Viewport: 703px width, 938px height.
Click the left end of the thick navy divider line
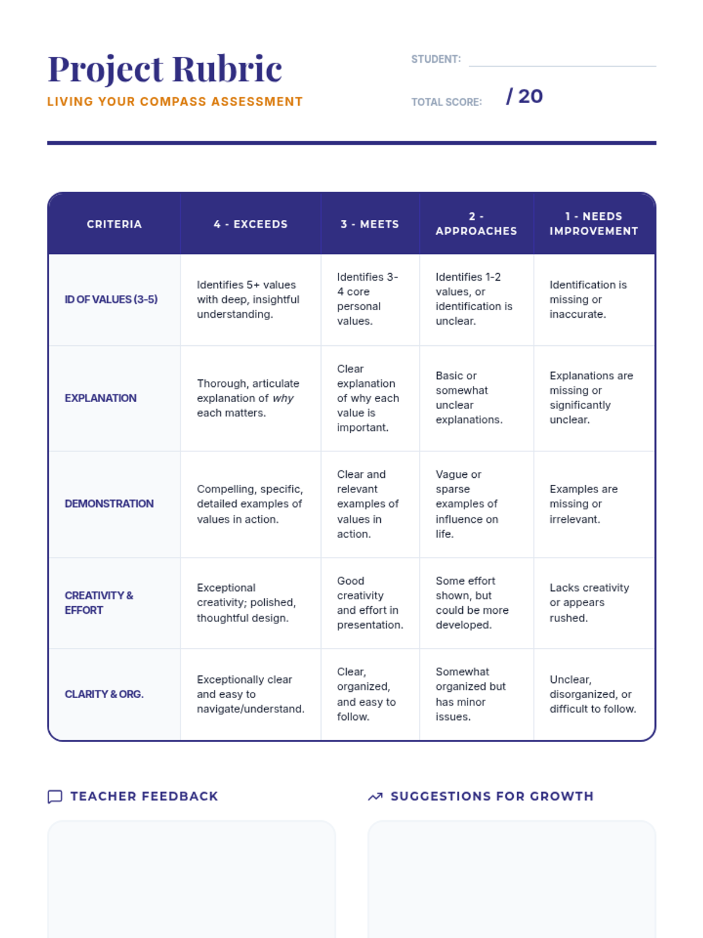tap(47, 143)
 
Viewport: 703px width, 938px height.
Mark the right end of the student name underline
tap(656, 66)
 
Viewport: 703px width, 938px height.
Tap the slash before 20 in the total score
tap(509, 97)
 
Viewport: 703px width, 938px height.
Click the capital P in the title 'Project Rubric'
tap(60, 69)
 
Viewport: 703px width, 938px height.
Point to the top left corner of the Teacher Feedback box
tap(48, 821)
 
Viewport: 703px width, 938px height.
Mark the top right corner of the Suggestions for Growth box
tap(656, 821)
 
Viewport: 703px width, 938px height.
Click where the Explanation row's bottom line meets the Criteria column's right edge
tap(180, 451)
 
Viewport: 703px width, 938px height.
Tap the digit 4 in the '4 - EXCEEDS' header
tap(217, 225)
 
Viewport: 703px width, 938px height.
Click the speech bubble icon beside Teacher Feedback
tap(55, 797)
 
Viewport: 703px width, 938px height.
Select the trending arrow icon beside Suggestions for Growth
tap(375, 797)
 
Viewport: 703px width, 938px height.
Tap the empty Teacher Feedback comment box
tap(192, 879)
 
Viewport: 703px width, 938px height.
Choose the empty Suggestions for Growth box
tap(512, 879)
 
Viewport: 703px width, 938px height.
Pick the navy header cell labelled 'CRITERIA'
tap(114, 223)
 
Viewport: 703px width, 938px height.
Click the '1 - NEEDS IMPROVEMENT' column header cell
tap(594, 223)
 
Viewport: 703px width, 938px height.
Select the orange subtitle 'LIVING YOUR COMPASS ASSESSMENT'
tap(175, 101)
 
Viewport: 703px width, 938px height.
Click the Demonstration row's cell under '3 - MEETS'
tap(370, 504)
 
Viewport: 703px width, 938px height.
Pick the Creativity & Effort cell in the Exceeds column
tap(251, 603)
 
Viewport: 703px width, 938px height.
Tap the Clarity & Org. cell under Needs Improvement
tap(594, 695)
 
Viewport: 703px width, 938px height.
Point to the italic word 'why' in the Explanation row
tap(283, 399)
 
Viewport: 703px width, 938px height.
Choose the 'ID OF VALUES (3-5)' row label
tap(111, 300)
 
